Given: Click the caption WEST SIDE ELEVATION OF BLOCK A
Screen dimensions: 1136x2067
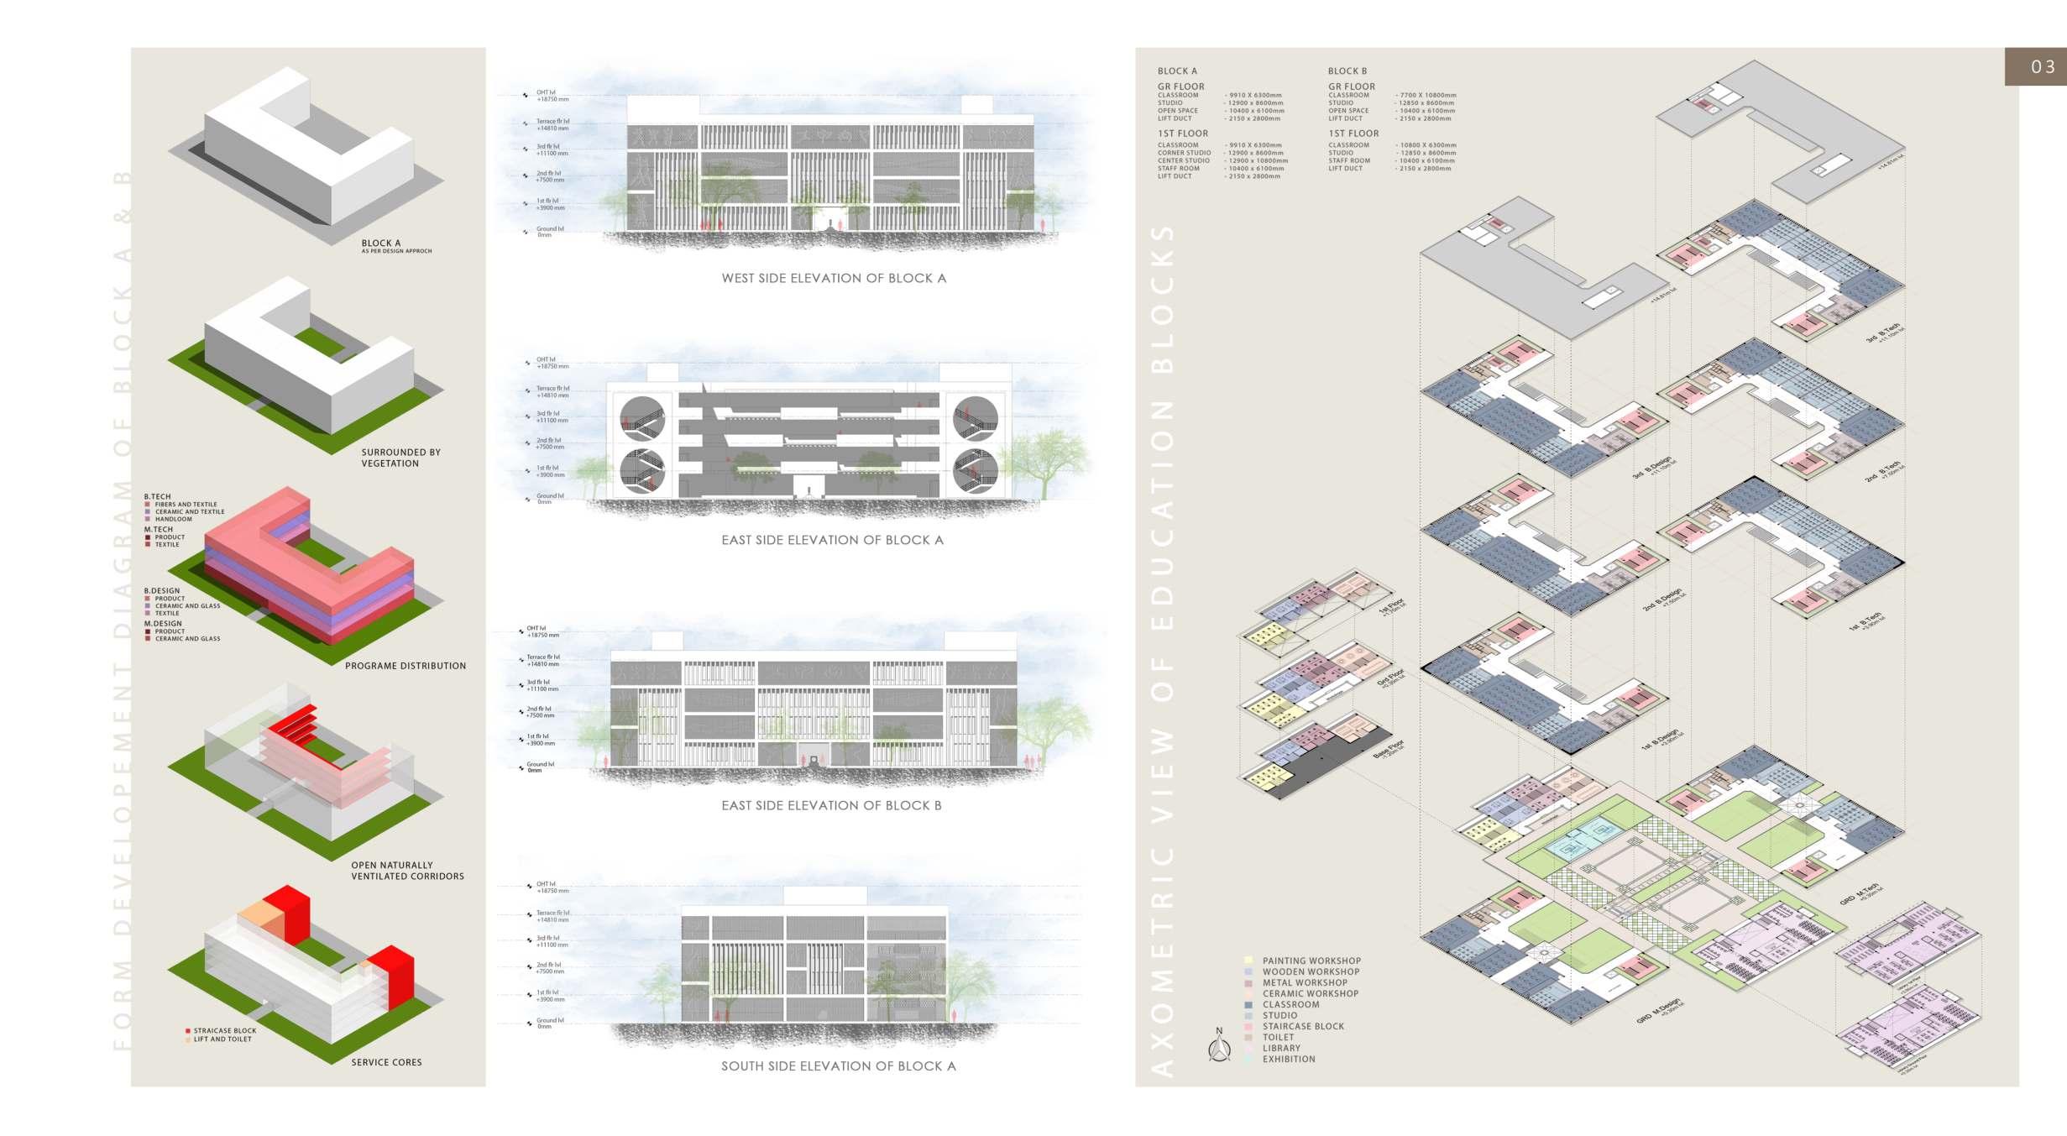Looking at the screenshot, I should pos(833,278).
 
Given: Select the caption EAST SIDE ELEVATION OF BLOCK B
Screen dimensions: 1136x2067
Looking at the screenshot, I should pos(831,805).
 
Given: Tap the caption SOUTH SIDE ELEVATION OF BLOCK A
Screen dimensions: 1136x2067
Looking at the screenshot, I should pos(838,1066).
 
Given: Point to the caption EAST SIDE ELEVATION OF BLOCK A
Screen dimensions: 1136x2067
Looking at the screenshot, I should pos(832,540).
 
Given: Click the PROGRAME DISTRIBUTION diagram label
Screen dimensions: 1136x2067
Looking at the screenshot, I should pos(405,666).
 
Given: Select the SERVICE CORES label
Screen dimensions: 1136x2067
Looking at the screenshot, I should pos(386,1062).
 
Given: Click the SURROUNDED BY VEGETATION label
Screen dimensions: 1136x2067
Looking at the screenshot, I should pos(400,458).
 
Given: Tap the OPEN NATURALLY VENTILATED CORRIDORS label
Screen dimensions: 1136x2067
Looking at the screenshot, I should pos(407,871).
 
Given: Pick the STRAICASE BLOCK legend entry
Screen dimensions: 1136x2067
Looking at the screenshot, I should pos(224,1030).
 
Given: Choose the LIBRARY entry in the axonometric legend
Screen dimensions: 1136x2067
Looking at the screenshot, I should pos(1280,1048).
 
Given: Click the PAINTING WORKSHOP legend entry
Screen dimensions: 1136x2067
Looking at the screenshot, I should pos(1311,961).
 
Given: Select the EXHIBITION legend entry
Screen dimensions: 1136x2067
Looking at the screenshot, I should pos(1288,1059).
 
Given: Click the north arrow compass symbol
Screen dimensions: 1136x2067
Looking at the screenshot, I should pos(1219,1045).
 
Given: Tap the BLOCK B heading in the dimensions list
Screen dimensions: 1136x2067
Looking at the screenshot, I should pos(1347,71).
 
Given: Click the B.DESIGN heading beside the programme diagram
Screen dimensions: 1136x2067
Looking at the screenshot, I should pos(161,591).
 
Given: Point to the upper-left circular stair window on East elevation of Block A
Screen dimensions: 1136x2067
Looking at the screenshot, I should pos(642,418).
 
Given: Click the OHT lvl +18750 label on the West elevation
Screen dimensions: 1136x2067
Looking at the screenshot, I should pos(552,96).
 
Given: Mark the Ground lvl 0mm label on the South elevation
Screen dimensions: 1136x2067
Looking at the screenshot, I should pos(550,1023).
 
